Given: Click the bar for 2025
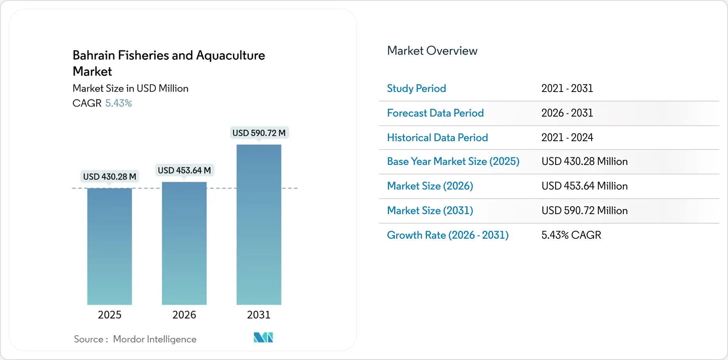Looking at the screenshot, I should coord(109,246).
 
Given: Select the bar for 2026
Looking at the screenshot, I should coord(184,243).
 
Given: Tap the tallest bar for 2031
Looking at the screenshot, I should coord(259,224).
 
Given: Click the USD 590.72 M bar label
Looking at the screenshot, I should coord(259,133).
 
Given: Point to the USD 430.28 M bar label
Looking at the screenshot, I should coord(109,176).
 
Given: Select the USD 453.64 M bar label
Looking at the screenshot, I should coord(184,170).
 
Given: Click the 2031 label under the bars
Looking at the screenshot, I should coord(259,314).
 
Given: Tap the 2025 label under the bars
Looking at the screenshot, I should coord(109,314).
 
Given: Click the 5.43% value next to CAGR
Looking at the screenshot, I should coord(119,103).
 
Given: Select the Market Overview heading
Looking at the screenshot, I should coord(432,51).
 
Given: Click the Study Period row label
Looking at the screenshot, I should coord(416,88).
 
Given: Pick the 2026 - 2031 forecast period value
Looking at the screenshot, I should coord(567,113).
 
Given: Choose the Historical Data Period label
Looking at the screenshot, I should coord(437,138).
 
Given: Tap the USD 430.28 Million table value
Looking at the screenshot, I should coord(584,161).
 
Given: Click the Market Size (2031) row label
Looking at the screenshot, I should coord(430,211).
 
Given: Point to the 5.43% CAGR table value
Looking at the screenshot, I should coord(571,235).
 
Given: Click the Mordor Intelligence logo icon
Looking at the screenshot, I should coord(263,337).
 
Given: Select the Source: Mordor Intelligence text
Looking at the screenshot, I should coord(135,339).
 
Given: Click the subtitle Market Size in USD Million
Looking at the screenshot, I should coord(130,88).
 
